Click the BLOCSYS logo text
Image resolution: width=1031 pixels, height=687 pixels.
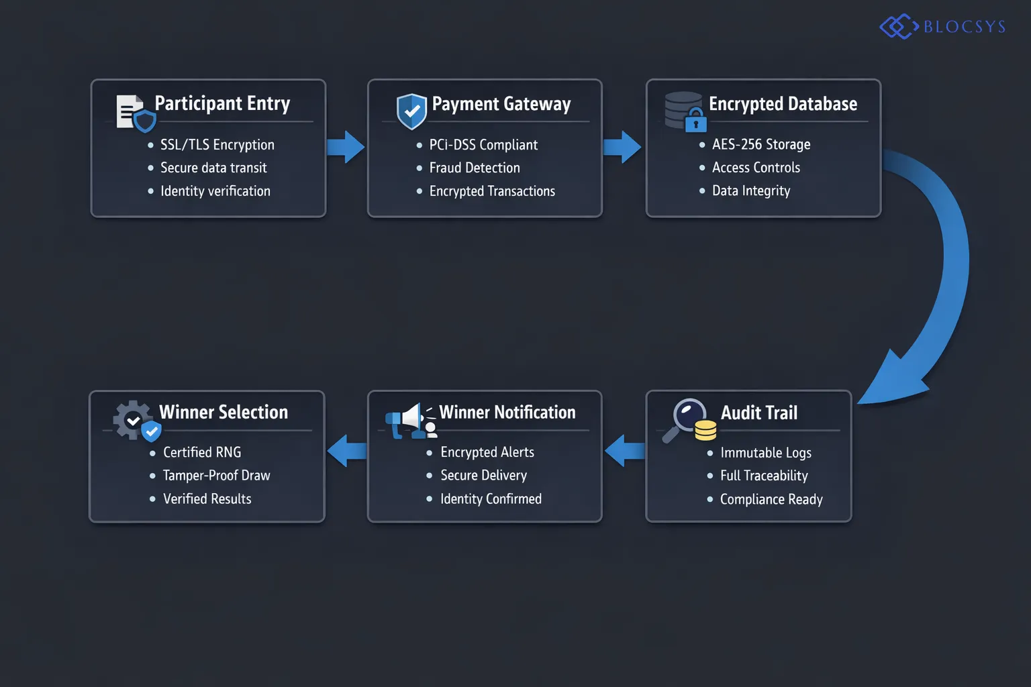point(964,27)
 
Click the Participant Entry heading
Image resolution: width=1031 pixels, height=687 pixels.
point(222,103)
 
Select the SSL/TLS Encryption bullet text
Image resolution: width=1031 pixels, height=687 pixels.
point(217,145)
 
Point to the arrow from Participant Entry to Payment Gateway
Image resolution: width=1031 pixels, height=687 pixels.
point(346,147)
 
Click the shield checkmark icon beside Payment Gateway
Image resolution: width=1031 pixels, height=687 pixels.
point(411,111)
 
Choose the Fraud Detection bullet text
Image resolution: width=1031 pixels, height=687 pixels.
point(474,168)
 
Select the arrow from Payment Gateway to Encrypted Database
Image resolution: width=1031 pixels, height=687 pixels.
point(622,147)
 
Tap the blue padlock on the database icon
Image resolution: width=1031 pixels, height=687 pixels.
point(696,123)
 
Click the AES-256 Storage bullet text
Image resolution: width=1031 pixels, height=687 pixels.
point(760,144)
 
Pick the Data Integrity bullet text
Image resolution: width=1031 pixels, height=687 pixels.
point(750,191)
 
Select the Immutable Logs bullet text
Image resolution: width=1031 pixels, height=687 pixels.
point(765,453)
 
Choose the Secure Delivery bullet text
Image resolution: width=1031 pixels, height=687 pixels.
point(483,475)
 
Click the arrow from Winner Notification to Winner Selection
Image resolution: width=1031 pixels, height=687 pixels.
point(347,450)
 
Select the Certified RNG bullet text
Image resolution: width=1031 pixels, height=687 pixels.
point(201,452)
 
